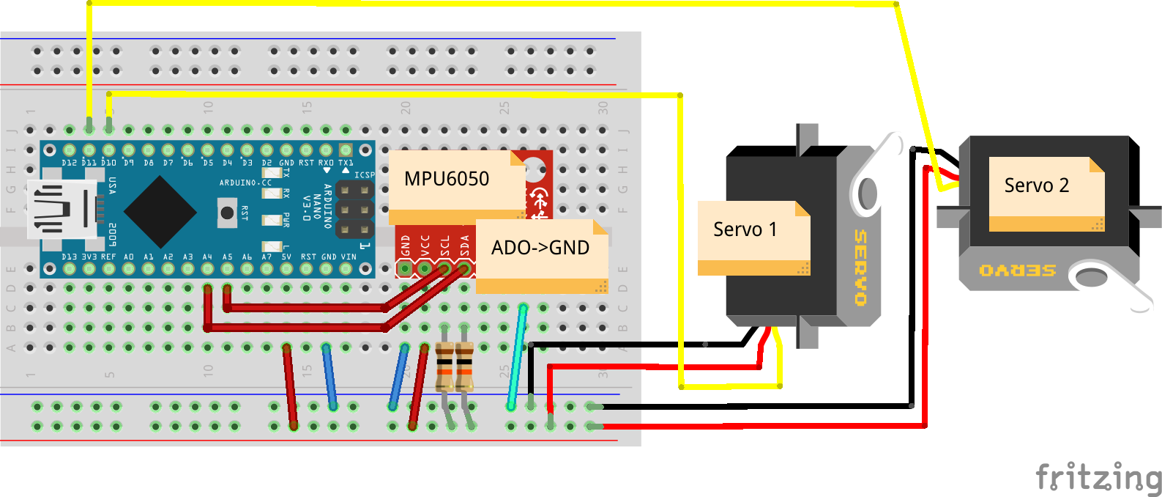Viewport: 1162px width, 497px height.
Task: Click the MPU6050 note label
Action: click(x=447, y=179)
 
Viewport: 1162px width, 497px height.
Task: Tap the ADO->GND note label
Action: click(x=540, y=248)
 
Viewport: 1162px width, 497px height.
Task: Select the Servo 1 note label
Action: click(x=745, y=229)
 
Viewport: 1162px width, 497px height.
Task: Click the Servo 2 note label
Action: click(x=1036, y=185)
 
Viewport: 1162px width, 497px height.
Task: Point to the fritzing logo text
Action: click(x=1098, y=478)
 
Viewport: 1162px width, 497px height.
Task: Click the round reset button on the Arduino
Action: click(x=227, y=213)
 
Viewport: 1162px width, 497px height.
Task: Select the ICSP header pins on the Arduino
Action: click(x=355, y=210)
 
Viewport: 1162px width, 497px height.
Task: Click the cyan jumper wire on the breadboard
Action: click(x=517, y=357)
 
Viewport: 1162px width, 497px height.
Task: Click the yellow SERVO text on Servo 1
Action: click(x=860, y=268)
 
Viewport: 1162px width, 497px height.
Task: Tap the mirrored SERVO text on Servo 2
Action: click(x=1018, y=270)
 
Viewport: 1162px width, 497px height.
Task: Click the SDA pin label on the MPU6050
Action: click(x=464, y=246)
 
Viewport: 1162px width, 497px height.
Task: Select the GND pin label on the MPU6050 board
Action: click(x=406, y=246)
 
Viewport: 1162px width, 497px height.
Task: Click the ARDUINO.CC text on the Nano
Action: click(x=245, y=183)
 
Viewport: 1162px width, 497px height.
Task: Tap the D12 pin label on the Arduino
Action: click(x=69, y=163)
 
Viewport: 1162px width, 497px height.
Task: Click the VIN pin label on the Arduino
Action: click(x=349, y=257)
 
